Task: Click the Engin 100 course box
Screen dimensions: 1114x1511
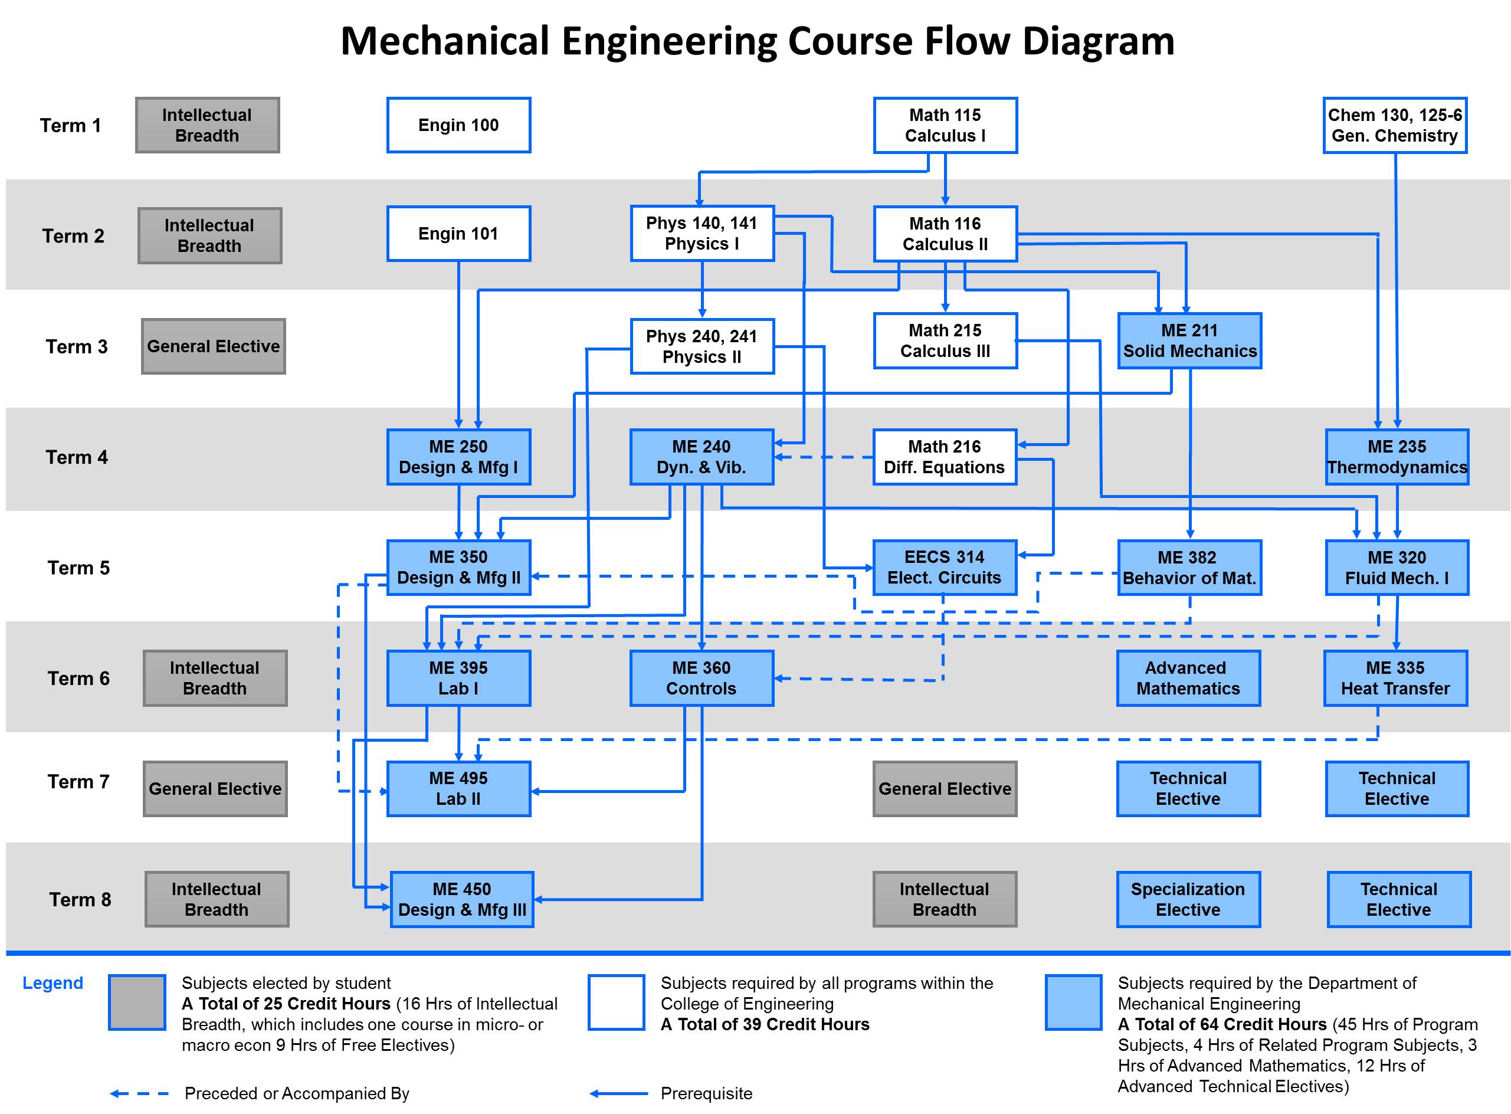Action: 458,126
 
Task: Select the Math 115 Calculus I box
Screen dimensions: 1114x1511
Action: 945,126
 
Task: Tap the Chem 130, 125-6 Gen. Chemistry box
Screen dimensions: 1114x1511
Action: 1394,126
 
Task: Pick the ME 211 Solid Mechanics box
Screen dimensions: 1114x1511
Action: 1189,340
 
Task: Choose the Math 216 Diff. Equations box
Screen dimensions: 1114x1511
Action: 944,457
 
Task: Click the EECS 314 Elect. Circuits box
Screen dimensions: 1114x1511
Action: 944,568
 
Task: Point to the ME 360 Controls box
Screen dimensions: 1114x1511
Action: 702,679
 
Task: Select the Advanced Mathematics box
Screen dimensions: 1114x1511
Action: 1188,679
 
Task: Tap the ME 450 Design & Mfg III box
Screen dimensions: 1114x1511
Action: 462,900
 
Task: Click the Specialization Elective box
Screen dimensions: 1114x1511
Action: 1188,900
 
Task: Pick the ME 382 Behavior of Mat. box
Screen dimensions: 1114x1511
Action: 1189,568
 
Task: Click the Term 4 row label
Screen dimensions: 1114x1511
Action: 77,457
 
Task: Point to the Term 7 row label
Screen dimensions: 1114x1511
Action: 78,782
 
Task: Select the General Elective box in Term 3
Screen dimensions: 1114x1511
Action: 213,346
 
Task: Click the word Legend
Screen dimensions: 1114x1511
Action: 53,983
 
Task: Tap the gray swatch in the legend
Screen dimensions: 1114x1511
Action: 137,1002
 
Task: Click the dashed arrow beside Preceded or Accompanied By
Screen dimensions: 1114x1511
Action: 140,1094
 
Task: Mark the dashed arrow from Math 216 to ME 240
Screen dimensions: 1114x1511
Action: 824,457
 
